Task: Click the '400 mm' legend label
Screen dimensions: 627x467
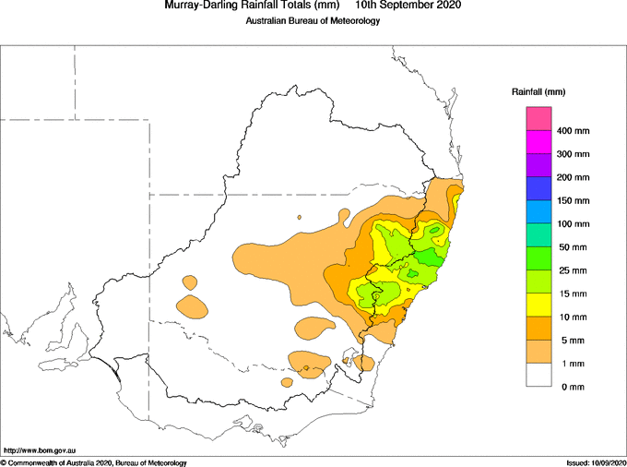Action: coord(573,131)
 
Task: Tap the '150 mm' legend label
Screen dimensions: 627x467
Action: coord(573,201)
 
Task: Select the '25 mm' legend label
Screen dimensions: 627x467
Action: coord(573,271)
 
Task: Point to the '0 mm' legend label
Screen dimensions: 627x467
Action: coord(573,387)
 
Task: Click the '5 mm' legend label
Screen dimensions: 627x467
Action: coord(573,341)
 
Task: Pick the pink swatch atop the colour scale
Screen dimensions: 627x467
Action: coord(538,118)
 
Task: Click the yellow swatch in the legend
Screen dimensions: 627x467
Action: coord(538,305)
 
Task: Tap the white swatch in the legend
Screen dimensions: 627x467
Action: coord(538,375)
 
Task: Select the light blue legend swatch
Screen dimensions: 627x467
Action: coord(538,211)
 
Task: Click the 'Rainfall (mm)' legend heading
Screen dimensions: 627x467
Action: coord(538,92)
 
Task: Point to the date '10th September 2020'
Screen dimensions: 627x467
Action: coord(408,5)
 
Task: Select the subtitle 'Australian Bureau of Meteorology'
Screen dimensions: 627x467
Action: coord(313,21)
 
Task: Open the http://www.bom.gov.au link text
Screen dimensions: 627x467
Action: coord(40,451)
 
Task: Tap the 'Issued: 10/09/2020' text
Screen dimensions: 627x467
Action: coord(596,463)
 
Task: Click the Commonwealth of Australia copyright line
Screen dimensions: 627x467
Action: coord(93,463)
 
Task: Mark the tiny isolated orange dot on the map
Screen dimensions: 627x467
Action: coord(299,217)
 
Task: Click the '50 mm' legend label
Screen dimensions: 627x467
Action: coord(573,247)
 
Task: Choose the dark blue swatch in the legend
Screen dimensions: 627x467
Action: coord(538,188)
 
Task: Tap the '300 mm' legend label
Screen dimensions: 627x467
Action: coord(573,154)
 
